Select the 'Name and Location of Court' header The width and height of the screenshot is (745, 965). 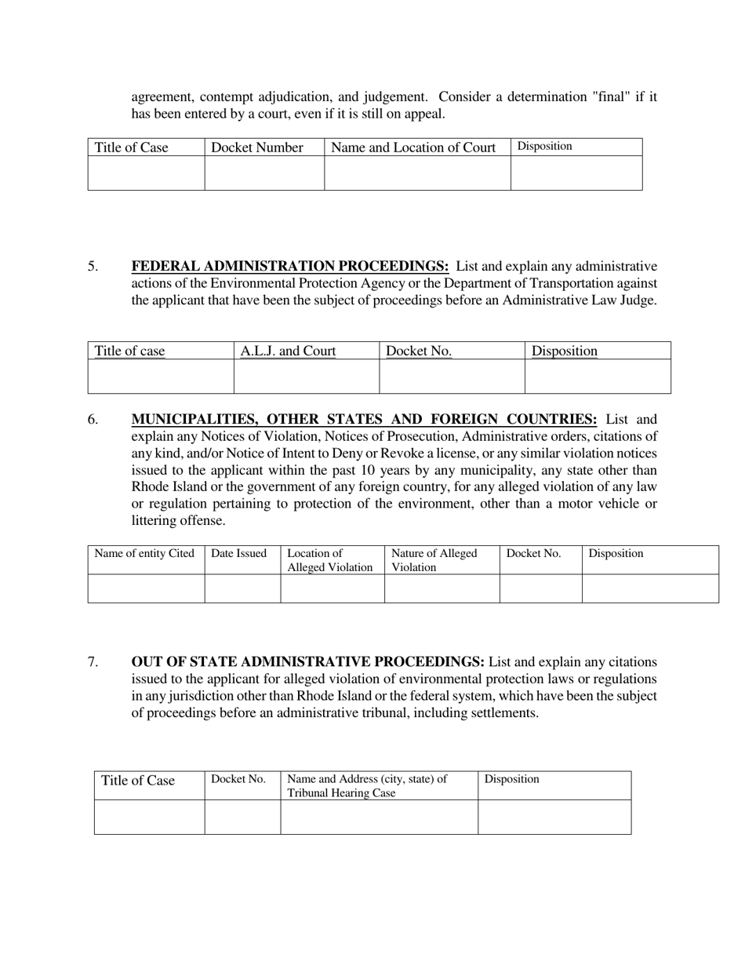(x=413, y=147)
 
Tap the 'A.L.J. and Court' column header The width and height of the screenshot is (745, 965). (x=288, y=351)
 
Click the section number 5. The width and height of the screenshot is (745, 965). (x=93, y=266)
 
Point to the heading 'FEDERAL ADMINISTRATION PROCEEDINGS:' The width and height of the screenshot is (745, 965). (x=290, y=266)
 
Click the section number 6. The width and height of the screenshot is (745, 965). (x=93, y=419)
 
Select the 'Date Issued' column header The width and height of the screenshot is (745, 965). (x=239, y=553)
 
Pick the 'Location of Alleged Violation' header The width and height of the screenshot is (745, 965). (x=330, y=560)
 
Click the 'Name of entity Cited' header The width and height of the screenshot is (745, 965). (x=144, y=553)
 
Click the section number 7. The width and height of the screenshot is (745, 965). (x=93, y=661)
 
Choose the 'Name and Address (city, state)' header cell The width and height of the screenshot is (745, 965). (x=367, y=785)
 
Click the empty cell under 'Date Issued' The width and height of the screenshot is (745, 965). (x=242, y=588)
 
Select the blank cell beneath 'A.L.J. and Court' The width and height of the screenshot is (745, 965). (x=307, y=377)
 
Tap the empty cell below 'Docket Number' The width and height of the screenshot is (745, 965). (x=264, y=173)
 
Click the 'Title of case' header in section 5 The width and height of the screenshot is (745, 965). (x=130, y=351)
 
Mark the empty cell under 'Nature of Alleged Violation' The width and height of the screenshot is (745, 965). (x=442, y=588)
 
